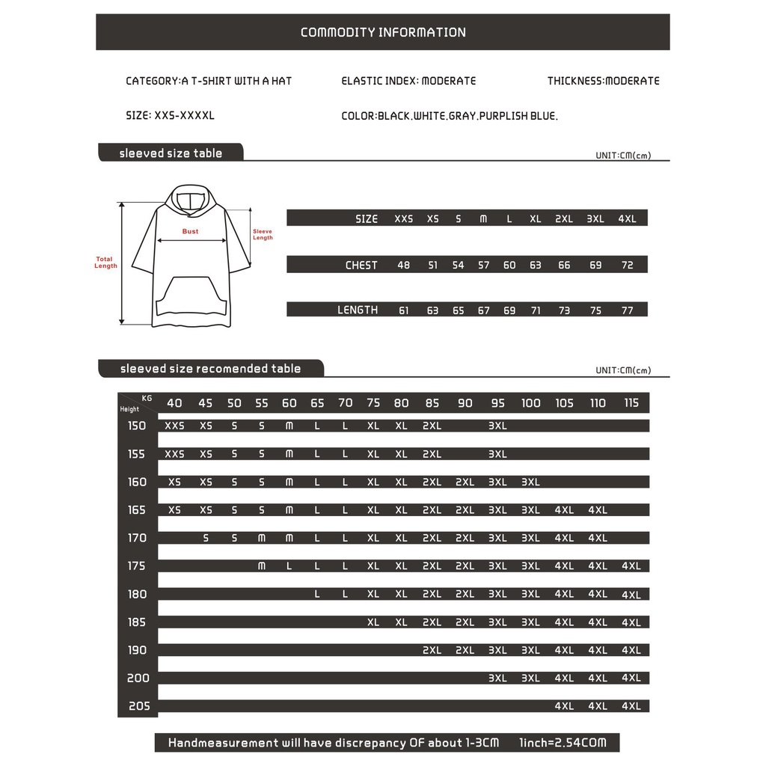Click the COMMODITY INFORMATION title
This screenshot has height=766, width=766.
pos(383,32)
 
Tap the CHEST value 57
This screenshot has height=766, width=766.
pos(483,265)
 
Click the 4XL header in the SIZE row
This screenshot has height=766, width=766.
pos(627,218)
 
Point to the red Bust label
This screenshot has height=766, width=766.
pos(191,231)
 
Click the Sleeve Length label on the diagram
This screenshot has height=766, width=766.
pos(263,234)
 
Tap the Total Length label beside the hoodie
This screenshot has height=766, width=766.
pos(105,263)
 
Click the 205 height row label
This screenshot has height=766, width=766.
pos(138,706)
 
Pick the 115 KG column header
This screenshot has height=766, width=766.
pos(631,403)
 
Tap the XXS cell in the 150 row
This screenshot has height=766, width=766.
pos(174,426)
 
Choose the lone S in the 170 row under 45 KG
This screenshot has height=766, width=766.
pos(206,538)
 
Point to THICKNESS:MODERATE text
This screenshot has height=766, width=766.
pos(603,81)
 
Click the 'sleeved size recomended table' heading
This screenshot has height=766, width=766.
pos(210,368)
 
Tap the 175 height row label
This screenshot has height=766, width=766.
pos(137,566)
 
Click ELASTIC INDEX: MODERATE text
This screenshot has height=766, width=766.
pos(408,81)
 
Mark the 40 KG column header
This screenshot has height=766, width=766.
pos(174,403)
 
